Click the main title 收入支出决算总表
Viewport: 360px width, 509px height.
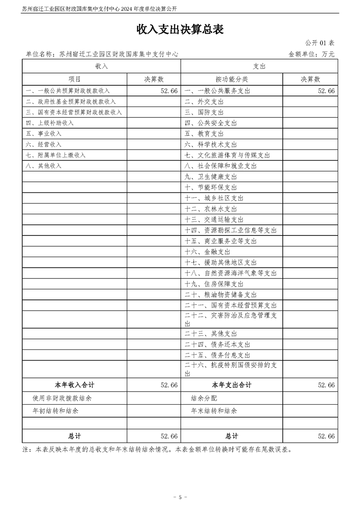[180, 29]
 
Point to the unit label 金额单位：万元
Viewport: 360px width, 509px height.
[311, 54]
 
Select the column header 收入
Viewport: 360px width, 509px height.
[101, 66]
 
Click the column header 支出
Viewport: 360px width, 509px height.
[259, 66]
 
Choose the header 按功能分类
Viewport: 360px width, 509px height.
[232, 79]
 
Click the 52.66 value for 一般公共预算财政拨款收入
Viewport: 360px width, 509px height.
[168, 91]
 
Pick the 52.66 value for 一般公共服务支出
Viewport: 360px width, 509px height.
[326, 91]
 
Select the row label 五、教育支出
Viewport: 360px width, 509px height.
[204, 134]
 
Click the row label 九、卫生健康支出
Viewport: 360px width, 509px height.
[211, 176]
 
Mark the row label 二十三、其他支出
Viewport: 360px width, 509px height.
[211, 334]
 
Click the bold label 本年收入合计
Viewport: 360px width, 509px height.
[74, 385]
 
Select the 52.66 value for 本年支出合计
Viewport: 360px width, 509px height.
[326, 385]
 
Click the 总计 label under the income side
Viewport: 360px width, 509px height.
[74, 436]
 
